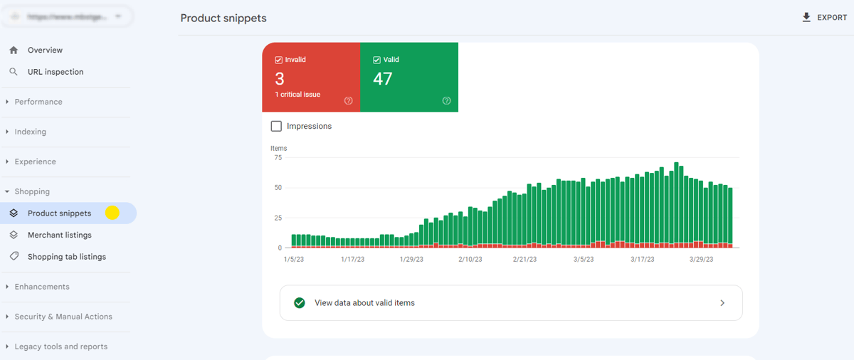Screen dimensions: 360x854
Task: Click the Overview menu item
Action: (x=45, y=51)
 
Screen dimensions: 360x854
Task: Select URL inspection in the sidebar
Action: (x=55, y=72)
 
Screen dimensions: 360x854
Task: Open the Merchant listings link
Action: (x=59, y=235)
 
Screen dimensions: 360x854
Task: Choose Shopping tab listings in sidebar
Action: (x=66, y=257)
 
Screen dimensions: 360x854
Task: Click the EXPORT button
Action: (x=824, y=18)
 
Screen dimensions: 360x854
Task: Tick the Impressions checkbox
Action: (x=276, y=126)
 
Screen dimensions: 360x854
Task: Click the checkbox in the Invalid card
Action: (x=279, y=60)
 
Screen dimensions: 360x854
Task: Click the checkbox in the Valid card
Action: (x=377, y=60)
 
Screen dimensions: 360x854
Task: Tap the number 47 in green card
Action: (x=383, y=79)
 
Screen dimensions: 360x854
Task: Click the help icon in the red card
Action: (x=349, y=101)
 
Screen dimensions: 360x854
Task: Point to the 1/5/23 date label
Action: (x=294, y=260)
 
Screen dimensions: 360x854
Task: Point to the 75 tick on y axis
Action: (x=278, y=158)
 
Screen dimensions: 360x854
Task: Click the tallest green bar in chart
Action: (x=676, y=203)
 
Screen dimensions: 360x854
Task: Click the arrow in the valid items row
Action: (x=722, y=303)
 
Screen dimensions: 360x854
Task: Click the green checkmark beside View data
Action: (x=300, y=303)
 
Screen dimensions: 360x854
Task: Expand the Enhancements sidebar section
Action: (x=42, y=287)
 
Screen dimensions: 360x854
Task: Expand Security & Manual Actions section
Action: (x=63, y=317)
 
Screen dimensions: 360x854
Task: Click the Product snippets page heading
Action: (x=223, y=18)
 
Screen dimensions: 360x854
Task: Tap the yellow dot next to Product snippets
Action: (x=112, y=213)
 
